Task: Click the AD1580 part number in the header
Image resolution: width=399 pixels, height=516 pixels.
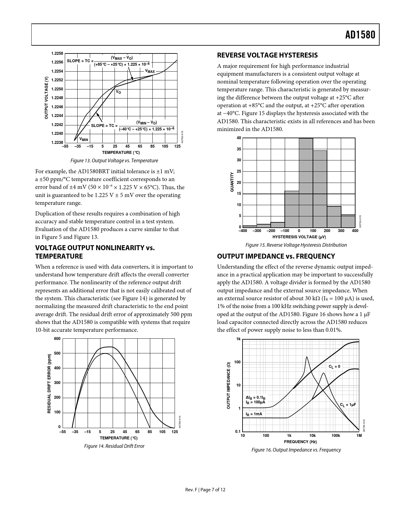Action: tap(360, 35)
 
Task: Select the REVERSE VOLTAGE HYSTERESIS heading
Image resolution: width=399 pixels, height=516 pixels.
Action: tap(267, 55)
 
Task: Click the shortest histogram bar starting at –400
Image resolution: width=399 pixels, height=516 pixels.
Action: tap(249, 226)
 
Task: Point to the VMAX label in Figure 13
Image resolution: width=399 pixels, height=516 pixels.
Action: tap(150, 72)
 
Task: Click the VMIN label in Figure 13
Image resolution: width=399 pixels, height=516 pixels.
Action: tap(84, 139)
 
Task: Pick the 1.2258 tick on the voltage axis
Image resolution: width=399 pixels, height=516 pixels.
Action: tap(57, 53)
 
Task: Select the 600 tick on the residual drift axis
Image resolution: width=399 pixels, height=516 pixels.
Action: tap(57, 339)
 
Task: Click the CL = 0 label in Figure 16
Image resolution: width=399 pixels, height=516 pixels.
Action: tap(334, 367)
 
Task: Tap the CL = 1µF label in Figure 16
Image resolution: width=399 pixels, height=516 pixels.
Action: tap(348, 405)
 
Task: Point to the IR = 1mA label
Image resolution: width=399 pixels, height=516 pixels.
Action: tap(254, 414)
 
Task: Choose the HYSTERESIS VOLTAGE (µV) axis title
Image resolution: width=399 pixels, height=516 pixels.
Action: tap(299, 237)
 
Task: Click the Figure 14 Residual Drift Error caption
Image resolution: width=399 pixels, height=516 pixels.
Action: tap(114, 446)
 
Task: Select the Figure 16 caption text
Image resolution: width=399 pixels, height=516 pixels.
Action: tap(296, 450)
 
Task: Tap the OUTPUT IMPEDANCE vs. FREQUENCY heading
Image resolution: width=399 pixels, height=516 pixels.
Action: tap(276, 256)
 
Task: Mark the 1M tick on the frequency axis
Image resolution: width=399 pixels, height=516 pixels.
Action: tap(359, 436)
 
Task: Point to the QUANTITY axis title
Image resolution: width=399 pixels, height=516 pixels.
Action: tap(232, 182)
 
